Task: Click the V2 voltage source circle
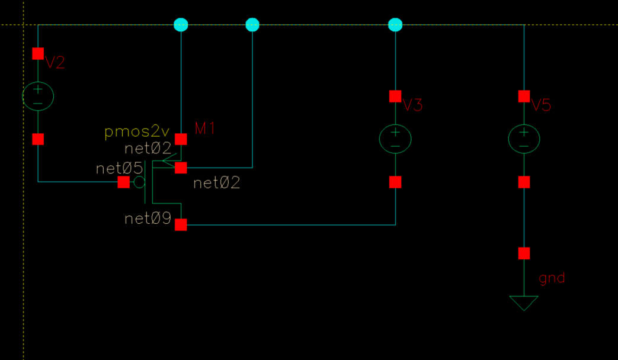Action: [x=38, y=97]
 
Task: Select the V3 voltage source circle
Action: [x=395, y=139]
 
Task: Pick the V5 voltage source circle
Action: [x=524, y=139]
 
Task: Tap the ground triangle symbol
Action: [x=524, y=302]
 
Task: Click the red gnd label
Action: [x=552, y=278]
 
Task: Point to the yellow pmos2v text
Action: [x=137, y=131]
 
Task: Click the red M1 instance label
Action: [x=205, y=128]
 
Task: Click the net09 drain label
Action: [x=148, y=219]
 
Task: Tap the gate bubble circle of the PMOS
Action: [x=139, y=182]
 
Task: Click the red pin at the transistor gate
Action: [x=123, y=182]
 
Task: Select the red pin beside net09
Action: [x=181, y=224]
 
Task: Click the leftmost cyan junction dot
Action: [x=181, y=25]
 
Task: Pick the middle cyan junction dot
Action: [x=252, y=25]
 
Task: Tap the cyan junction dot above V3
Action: [x=395, y=25]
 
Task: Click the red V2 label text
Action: [x=55, y=63]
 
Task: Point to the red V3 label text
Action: [x=413, y=105]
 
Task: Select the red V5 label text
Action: [x=541, y=105]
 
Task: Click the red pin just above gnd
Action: [x=524, y=253]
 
